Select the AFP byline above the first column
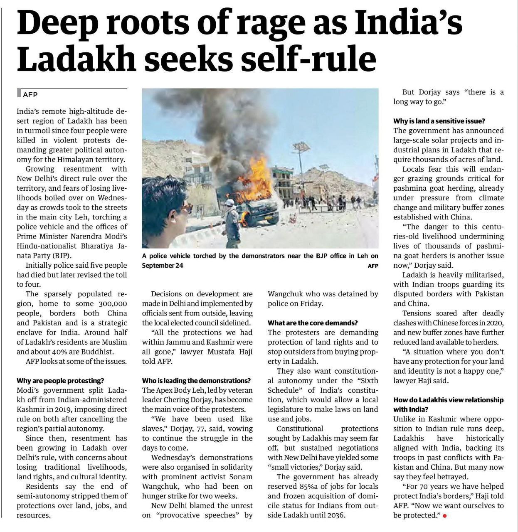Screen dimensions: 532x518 coord(30,95)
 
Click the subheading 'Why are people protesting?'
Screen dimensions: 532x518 coord(60,381)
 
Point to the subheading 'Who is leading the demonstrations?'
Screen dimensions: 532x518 coord(196,381)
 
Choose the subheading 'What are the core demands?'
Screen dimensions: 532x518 coord(313,323)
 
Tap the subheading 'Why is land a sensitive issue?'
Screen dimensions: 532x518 coord(439,121)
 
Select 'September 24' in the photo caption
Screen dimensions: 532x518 coord(163,265)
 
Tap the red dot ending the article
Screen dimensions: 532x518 coord(445,516)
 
